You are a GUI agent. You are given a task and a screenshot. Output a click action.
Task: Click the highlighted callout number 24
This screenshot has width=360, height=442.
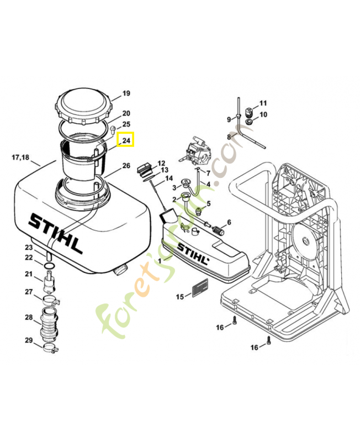(126, 141)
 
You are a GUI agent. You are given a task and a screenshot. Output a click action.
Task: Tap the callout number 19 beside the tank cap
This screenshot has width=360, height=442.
(126, 93)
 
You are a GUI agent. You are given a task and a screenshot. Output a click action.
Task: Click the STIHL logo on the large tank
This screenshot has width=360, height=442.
(56, 233)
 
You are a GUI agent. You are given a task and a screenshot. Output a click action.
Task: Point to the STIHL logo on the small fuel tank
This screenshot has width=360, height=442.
(193, 255)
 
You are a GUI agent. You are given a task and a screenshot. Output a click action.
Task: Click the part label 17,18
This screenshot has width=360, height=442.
(20, 157)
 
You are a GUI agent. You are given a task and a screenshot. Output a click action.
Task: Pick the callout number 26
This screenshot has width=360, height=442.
(126, 166)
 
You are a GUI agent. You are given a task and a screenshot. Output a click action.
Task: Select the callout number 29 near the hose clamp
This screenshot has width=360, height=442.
(29, 340)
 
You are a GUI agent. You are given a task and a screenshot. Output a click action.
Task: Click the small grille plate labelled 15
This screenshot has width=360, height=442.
(199, 288)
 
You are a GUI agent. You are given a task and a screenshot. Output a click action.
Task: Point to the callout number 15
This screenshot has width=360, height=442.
(180, 297)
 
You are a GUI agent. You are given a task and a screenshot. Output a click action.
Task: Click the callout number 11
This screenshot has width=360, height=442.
(263, 103)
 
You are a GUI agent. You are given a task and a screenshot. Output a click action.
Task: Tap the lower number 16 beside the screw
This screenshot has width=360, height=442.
(254, 347)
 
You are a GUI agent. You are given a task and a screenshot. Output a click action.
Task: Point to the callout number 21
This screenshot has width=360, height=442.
(29, 274)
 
